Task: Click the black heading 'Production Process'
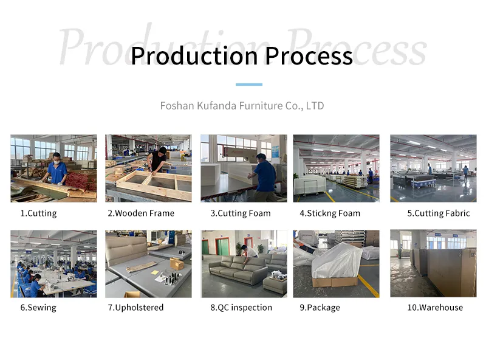pos(241,56)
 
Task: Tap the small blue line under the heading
pos(248,85)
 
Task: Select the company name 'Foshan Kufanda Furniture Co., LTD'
pos(242,106)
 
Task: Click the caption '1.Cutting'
pos(38,213)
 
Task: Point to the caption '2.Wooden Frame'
pos(141,213)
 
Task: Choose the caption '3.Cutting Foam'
pos(241,213)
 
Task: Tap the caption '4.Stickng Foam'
pos(330,213)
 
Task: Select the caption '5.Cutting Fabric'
pos(439,213)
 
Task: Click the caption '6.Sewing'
pos(38,308)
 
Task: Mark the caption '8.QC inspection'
pos(241,308)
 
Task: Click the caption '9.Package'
pos(320,308)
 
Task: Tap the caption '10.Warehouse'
pos(435,308)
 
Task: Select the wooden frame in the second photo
pos(155,182)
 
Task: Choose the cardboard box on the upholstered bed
pos(177,263)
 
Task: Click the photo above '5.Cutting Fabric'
pos(433,168)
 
